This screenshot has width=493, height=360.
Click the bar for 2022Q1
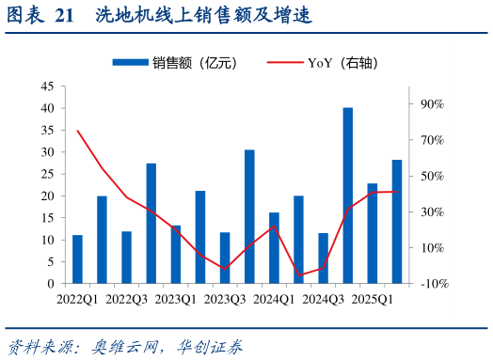point(77,259)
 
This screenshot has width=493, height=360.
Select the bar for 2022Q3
point(126,258)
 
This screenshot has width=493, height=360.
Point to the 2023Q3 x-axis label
point(225,300)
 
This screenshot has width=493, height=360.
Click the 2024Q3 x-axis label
point(323,300)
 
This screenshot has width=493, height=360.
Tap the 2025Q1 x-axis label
point(372,300)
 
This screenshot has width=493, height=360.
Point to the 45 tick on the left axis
point(46,86)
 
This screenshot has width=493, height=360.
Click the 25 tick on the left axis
point(46,174)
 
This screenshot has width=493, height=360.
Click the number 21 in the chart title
point(64,16)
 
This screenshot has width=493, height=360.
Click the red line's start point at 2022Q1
point(77,131)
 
